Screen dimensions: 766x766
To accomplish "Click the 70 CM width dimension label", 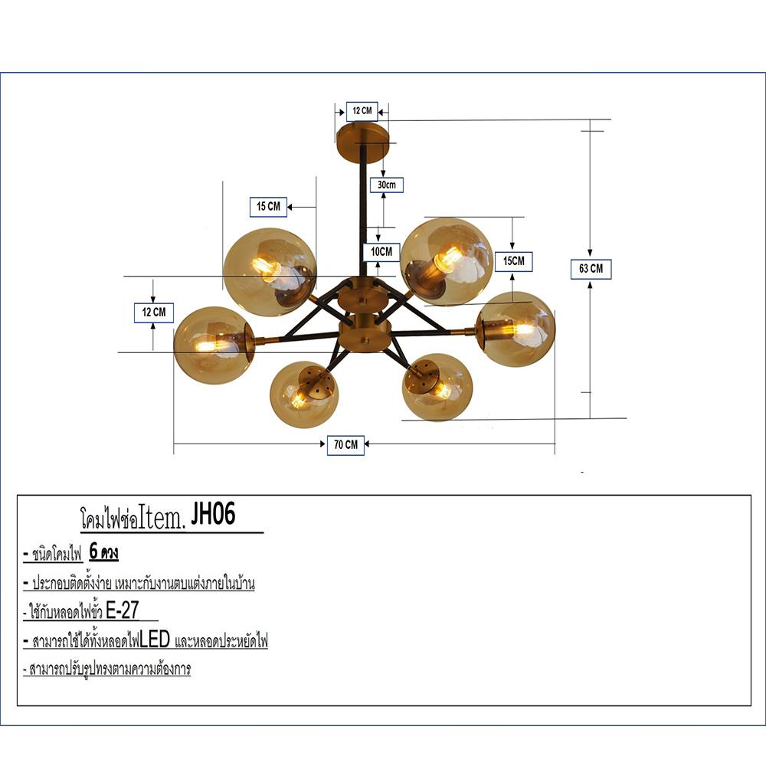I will pyautogui.click(x=345, y=445).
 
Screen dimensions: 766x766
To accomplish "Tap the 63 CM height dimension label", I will pyautogui.click(x=591, y=269).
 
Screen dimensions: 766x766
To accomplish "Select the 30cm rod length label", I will pyautogui.click(x=385, y=185).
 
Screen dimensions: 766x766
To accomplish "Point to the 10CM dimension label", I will pyautogui.click(x=380, y=250).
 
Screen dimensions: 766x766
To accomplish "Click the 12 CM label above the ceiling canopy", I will pyautogui.click(x=362, y=111).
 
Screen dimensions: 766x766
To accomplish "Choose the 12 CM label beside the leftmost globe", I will pyautogui.click(x=154, y=313).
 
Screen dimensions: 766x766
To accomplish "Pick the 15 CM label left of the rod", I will pyautogui.click(x=268, y=206).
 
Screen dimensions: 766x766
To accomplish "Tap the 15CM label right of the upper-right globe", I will pyautogui.click(x=513, y=261).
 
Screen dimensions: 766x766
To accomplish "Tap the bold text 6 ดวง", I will pyautogui.click(x=103, y=553).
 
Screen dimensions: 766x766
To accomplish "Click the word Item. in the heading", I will pyautogui.click(x=162, y=519).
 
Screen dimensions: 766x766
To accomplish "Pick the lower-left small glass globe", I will pyautogui.click(x=303, y=394).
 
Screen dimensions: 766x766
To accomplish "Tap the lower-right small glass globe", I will pyautogui.click(x=437, y=387).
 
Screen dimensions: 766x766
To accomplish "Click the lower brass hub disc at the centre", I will pyautogui.click(x=364, y=336).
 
